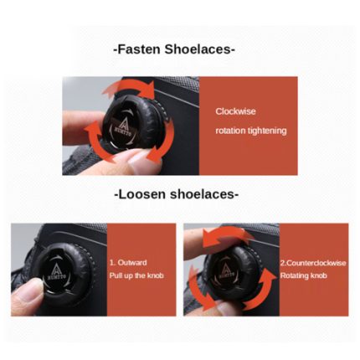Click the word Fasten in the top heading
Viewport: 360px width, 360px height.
click(139, 49)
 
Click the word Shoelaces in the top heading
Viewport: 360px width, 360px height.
click(198, 49)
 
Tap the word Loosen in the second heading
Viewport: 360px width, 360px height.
click(142, 194)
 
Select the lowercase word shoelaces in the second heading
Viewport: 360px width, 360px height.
click(202, 194)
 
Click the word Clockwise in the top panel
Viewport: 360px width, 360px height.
click(235, 111)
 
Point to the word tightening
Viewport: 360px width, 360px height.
click(267, 131)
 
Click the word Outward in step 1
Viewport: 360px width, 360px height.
click(132, 263)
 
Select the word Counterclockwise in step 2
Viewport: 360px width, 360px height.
click(316, 263)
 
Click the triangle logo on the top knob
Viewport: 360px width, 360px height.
click(124, 123)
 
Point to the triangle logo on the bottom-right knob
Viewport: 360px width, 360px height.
click(225, 270)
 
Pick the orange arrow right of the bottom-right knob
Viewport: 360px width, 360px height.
click(260, 291)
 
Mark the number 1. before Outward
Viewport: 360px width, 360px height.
click(112, 263)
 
